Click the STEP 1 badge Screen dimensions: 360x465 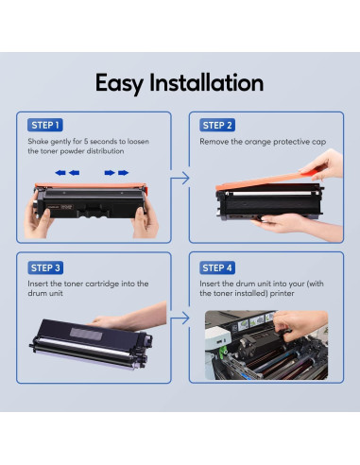(45, 125)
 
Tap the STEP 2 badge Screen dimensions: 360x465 (217, 125)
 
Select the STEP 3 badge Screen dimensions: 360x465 (45, 267)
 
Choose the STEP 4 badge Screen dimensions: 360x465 (217, 267)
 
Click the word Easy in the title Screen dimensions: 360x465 (119, 83)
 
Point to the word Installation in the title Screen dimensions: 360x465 (206, 82)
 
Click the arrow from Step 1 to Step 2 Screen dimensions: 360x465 (180, 179)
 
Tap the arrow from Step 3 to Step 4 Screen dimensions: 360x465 (180, 319)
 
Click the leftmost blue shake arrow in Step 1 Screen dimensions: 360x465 (60, 173)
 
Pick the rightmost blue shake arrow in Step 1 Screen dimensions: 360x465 (123, 173)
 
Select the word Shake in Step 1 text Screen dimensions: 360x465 (38, 141)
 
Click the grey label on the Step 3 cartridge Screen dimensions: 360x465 (86, 334)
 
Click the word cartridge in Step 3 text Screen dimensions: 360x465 (102, 284)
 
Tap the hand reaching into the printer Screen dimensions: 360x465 (300, 324)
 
